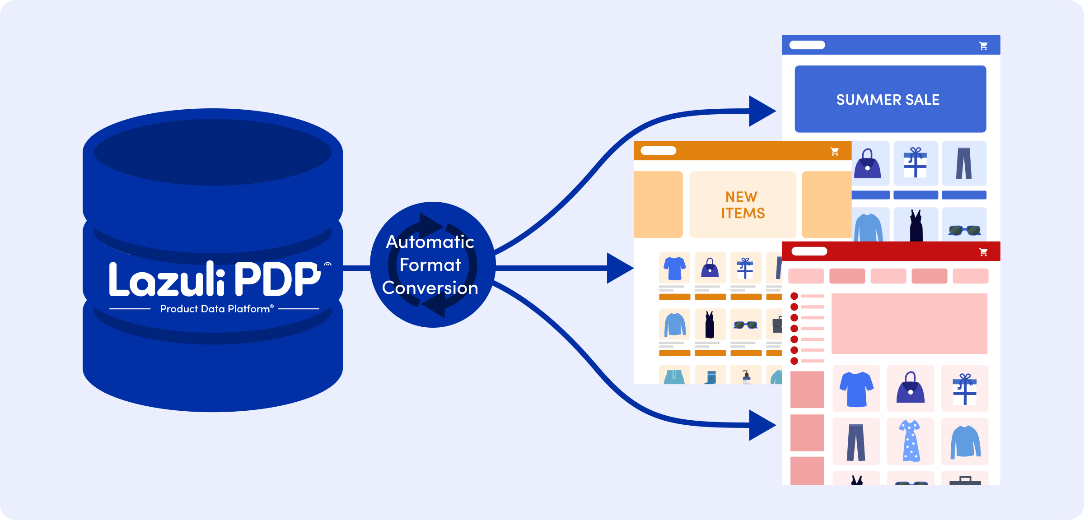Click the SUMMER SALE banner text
coord(888,100)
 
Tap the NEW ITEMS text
coord(743,205)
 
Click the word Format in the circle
coord(430,265)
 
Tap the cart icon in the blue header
coord(983,46)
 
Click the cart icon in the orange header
coord(835,152)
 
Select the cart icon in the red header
coord(983,252)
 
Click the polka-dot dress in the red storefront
coord(910,441)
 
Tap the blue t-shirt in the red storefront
coord(856,389)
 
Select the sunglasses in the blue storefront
coord(964,230)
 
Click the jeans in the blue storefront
coord(963,163)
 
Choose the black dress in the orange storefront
coord(710,325)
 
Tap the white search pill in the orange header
coord(658,151)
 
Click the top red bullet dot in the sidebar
coord(794,296)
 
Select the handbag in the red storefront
coord(910,388)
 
